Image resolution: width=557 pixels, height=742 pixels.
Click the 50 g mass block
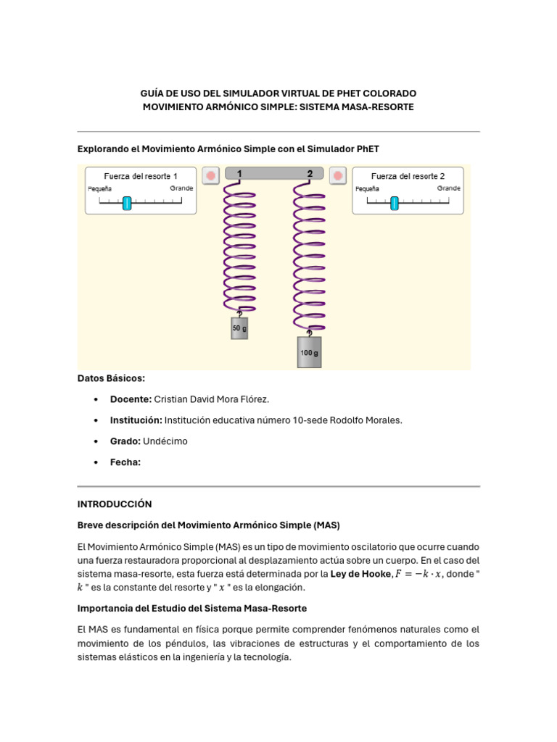[x=239, y=328]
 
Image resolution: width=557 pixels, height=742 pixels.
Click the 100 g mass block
[x=309, y=352]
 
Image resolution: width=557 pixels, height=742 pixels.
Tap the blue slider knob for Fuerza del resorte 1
[x=127, y=203]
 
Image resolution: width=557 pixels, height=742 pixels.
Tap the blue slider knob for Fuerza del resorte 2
[x=395, y=203]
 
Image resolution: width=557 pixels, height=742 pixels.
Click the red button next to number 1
[x=210, y=175]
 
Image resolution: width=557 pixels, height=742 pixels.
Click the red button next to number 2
[x=337, y=175]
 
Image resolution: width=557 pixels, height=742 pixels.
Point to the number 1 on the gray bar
[x=239, y=174]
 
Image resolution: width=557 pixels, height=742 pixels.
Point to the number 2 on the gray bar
[x=310, y=174]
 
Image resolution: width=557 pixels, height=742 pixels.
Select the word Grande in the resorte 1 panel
[x=182, y=188]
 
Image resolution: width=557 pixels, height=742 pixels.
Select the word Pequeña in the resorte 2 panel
[x=368, y=188]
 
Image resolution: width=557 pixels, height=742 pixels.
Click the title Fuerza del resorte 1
[x=140, y=176]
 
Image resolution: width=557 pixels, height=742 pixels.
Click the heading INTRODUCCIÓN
[x=115, y=503]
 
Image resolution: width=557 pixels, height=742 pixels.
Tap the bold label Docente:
[x=131, y=399]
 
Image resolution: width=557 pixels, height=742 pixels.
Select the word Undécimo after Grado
[x=165, y=441]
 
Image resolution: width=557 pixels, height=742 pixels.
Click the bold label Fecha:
[x=125, y=462]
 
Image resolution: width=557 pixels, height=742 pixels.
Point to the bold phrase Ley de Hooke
[x=360, y=574]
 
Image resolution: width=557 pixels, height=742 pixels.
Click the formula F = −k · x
[x=418, y=574]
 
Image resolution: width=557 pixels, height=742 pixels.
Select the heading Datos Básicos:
[x=111, y=378]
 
